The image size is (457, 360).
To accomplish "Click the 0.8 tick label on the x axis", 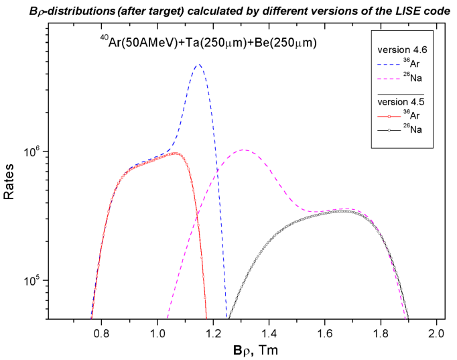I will tap(101, 333).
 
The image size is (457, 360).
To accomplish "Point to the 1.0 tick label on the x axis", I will tap(157, 333).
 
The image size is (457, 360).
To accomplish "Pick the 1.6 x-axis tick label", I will tap(325, 333).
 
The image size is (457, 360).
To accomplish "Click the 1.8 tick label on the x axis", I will tap(381, 333).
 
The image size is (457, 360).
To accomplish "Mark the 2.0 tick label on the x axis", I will tap(437, 333).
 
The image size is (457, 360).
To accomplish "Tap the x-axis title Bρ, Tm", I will tap(251, 350).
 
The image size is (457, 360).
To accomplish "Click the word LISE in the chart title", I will tap(399, 11).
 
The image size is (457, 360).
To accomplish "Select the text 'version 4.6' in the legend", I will tap(400, 50).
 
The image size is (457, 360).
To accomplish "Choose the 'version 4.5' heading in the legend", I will tap(400, 102).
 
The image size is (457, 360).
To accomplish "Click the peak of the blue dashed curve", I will tap(198, 65).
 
